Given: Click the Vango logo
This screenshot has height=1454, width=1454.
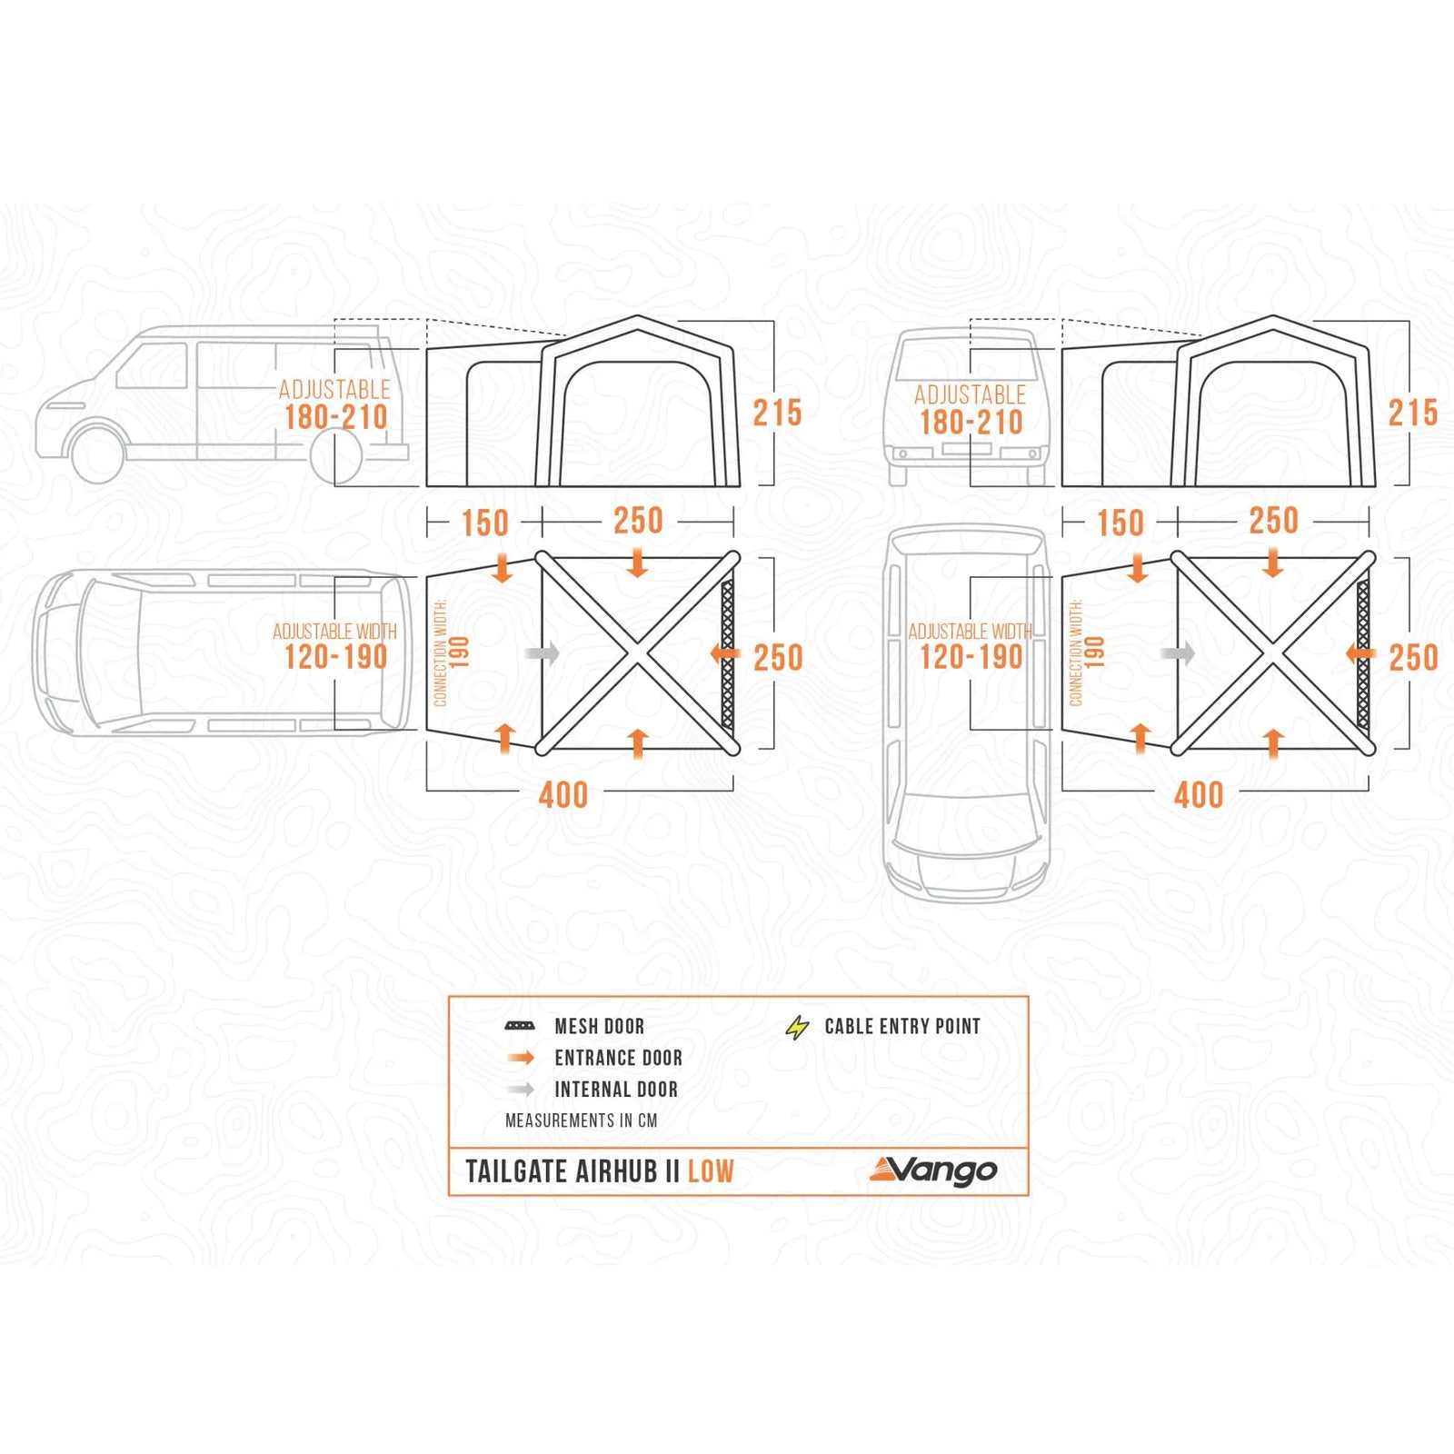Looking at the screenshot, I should (x=933, y=1170).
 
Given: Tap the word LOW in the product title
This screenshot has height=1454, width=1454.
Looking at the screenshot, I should (x=711, y=1171).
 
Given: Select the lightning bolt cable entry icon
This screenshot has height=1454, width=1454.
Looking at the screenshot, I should (x=797, y=1028).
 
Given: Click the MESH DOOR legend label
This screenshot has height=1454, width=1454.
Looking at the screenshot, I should (x=599, y=1026).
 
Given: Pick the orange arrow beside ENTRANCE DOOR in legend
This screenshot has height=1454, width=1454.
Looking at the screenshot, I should (x=521, y=1058).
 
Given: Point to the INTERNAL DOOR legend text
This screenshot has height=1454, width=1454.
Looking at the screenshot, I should (x=615, y=1090).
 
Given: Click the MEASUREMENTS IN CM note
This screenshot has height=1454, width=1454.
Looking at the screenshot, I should (x=581, y=1120).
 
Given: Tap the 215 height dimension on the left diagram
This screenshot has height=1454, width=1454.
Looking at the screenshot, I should (x=777, y=413).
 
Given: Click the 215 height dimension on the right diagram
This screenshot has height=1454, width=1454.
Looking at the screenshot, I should (x=1412, y=413).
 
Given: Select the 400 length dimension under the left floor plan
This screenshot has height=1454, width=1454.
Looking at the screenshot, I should (x=563, y=795).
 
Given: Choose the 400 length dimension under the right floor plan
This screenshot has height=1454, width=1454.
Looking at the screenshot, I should (x=1199, y=795).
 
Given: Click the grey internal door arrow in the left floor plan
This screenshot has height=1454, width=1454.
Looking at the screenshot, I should (x=543, y=653).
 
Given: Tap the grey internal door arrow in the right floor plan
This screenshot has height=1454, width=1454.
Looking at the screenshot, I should (x=1178, y=653).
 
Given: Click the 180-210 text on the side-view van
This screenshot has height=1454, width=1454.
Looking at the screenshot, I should (x=335, y=418).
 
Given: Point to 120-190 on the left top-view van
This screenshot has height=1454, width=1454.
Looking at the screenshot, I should (x=335, y=657).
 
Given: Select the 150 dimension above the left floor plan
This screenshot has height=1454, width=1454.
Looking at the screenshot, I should (x=484, y=523).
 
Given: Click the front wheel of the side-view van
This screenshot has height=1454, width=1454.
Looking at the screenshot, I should (x=96, y=453).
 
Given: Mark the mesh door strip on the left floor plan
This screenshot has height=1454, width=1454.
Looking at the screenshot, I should (x=727, y=653).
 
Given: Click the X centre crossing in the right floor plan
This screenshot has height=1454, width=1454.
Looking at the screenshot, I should (x=1273, y=653).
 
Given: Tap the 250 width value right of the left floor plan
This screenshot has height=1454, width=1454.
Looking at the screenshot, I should (x=778, y=658).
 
